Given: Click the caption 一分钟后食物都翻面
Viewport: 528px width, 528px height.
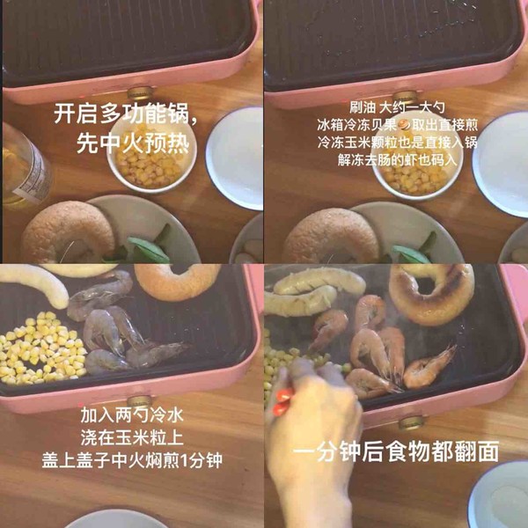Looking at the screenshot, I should click(x=395, y=452).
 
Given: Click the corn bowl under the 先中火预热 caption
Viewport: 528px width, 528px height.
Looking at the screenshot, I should click(x=150, y=158).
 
